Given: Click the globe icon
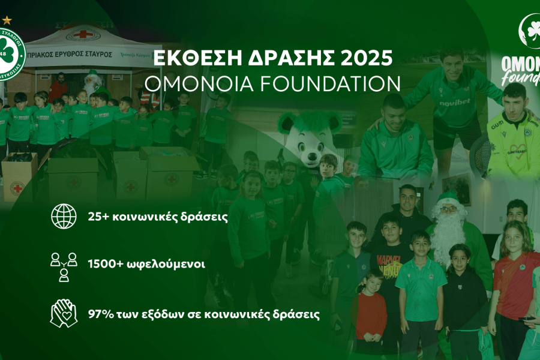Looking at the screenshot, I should point(64,216).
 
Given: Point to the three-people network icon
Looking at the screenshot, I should point(64,266).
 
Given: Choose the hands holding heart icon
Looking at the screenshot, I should point(64,313).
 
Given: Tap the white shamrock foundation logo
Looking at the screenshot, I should point(530,30).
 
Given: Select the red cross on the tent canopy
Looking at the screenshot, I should point(82,34).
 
